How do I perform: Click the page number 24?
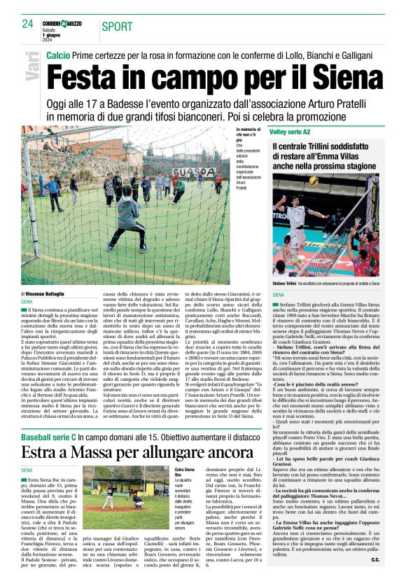pyautogui.click(x=28, y=24)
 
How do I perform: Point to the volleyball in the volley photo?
pyautogui.click(x=314, y=180)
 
